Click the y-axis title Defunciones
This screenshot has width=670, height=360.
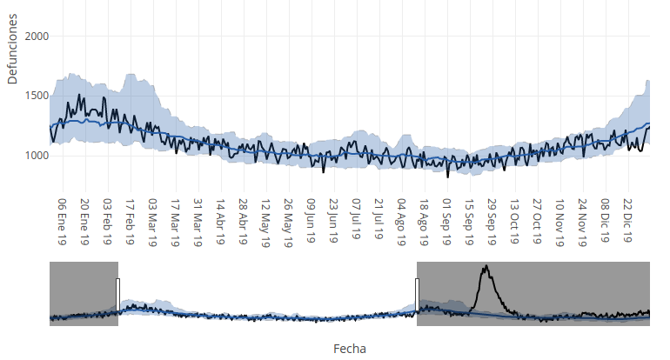coord(12,54)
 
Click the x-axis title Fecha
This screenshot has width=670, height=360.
coord(350,348)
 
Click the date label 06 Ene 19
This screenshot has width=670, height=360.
coord(63,221)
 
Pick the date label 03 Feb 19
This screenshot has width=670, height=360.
coord(108,221)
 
